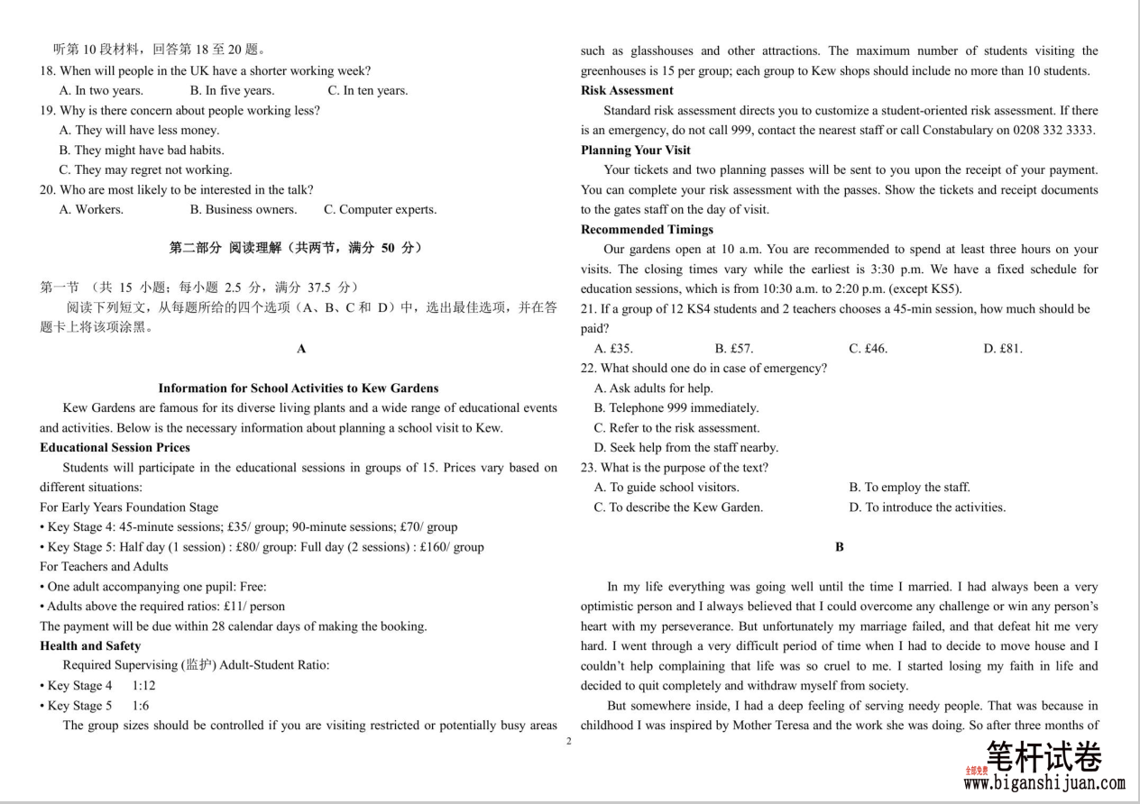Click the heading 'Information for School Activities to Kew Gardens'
tap(299, 388)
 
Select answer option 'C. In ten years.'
tap(367, 90)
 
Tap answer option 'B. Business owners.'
tap(243, 210)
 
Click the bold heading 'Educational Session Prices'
tap(115, 448)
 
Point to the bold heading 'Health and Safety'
tap(90, 646)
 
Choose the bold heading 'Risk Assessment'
tap(627, 91)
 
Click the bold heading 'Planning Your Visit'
tap(636, 151)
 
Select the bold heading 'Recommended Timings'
tap(641, 230)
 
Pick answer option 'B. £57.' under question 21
tap(734, 349)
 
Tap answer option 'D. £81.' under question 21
tap(1003, 349)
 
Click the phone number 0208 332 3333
tap(1051, 131)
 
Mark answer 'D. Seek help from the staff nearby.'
tap(685, 448)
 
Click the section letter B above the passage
tap(840, 547)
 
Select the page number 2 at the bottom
tap(568, 741)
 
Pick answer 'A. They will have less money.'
tap(139, 131)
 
